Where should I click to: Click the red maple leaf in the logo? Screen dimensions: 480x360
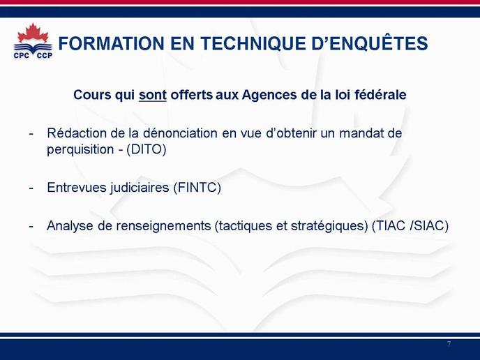(33, 33)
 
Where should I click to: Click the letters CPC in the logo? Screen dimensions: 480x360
(22, 55)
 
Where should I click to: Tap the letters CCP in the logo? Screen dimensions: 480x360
(45, 55)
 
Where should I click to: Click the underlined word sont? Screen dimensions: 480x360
(153, 95)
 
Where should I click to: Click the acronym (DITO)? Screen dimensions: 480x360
(147, 150)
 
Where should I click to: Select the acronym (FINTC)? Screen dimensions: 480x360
(197, 188)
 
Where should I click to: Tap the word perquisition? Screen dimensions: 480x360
(80, 150)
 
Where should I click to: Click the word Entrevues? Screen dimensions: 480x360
(77, 188)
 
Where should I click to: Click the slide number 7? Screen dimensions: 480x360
(449, 344)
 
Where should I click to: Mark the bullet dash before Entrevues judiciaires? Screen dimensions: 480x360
(31, 188)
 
